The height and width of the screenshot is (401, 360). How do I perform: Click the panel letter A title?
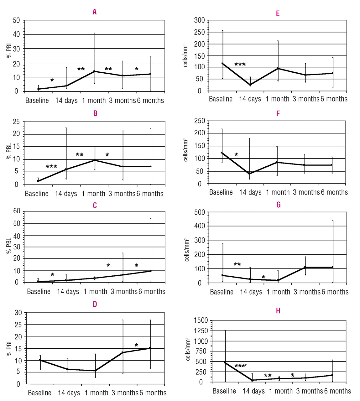tap(94, 12)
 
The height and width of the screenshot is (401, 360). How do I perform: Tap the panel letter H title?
tap(278, 310)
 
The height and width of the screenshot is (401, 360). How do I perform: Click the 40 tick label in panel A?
tap(16, 34)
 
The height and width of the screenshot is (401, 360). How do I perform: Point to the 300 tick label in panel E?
tap(199, 20)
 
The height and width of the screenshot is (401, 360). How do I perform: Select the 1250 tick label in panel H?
tap(201, 331)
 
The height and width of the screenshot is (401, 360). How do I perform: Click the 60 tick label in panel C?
tap(17, 211)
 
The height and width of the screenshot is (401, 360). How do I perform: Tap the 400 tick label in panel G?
tap(200, 226)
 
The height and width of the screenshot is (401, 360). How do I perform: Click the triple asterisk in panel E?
tap(240, 65)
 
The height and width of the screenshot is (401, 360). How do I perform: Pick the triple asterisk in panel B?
tap(51, 166)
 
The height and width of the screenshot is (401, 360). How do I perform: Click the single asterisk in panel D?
tap(136, 345)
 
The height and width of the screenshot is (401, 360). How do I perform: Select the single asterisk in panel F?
tap(236, 154)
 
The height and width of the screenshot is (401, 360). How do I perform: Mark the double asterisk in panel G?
tap(237, 264)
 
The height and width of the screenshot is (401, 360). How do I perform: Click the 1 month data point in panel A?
tap(95, 71)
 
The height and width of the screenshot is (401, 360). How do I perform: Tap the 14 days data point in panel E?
tap(250, 85)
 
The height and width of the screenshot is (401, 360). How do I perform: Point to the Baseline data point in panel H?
tap(225, 362)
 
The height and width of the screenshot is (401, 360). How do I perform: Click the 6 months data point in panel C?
tap(151, 271)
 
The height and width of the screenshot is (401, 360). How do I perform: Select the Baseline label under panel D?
tap(39, 393)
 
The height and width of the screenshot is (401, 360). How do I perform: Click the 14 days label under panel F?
tap(250, 192)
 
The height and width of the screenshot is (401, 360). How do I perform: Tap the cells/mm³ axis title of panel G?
tap(187, 249)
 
